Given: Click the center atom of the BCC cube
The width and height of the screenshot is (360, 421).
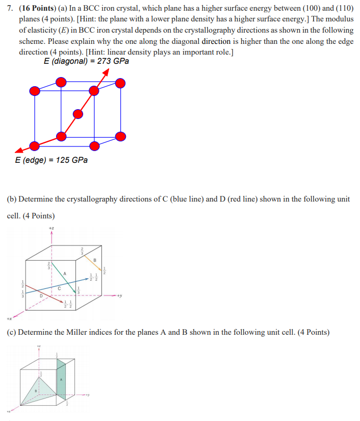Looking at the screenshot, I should pyautogui.click(x=78, y=114).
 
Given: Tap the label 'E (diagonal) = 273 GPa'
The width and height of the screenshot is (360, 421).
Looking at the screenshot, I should pyautogui.click(x=86, y=61).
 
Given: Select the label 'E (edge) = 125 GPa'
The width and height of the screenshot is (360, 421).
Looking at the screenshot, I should pyautogui.click(x=51, y=160).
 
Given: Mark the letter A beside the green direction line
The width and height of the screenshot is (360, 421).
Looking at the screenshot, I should pyautogui.click(x=64, y=274).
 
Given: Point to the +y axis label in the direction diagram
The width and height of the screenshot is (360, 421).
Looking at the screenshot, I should pyautogui.click(x=120, y=295).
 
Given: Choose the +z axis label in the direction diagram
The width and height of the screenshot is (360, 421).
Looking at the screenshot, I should pyautogui.click(x=52, y=228).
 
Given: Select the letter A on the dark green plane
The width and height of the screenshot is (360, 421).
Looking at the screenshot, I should pyautogui.click(x=61, y=379).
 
